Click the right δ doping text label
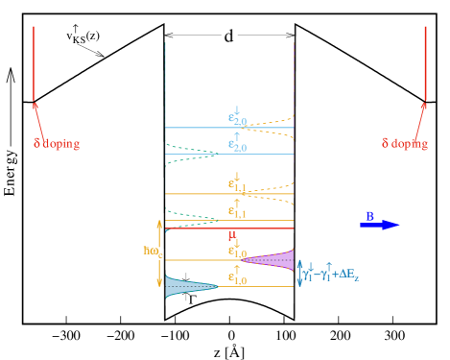pos(404,143)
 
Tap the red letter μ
pos(231,234)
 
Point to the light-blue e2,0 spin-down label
pos(237,118)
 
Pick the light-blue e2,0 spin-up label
pos(237,144)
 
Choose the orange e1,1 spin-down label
pos(237,182)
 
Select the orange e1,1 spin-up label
pos(237,209)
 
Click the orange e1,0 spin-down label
pos(237,252)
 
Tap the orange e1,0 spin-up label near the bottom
pos(237,277)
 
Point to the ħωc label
pos(152,252)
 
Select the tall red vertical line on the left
pos(35,62)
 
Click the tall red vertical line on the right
pos(425,62)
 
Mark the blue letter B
pos(370,215)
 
